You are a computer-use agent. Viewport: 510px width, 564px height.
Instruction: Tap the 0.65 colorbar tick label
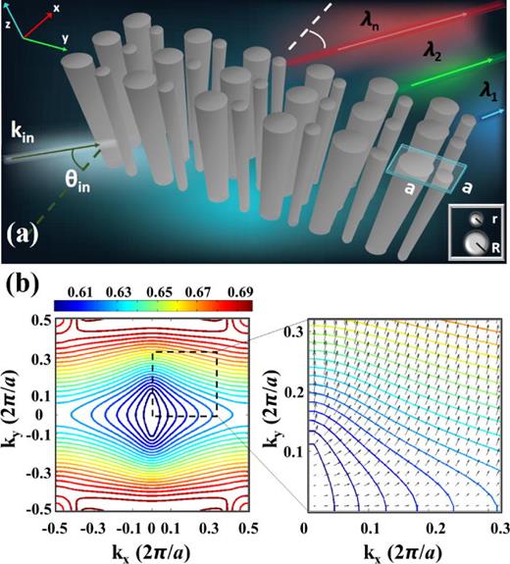pos(153,292)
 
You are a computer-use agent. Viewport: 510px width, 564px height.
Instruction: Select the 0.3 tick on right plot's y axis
pos(291,335)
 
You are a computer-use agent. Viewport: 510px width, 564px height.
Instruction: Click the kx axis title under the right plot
pos(405,547)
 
